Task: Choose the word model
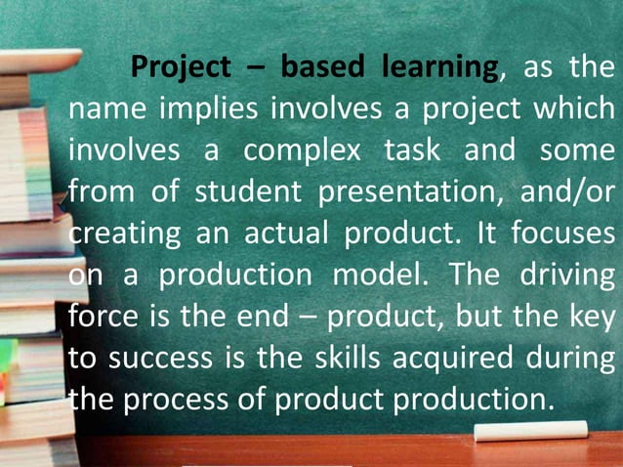pyautogui.click(x=374, y=276)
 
